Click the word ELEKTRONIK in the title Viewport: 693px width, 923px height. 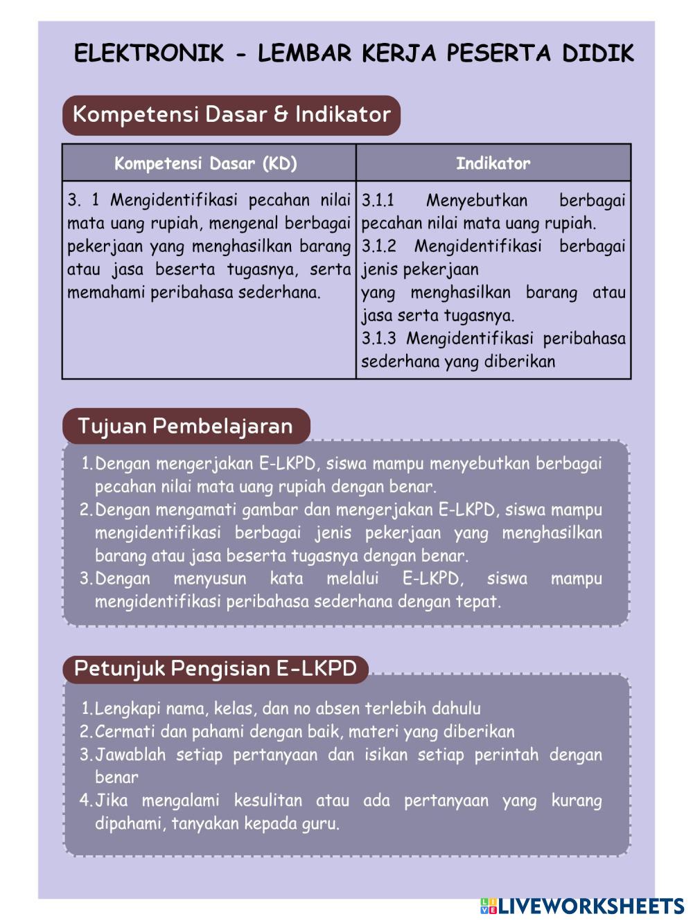click(x=149, y=53)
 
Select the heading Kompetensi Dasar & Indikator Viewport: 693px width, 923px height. click(x=231, y=114)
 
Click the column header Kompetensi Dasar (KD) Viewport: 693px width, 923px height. click(x=206, y=163)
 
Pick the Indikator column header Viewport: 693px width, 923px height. click(x=493, y=163)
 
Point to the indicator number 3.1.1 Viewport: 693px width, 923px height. click(x=378, y=201)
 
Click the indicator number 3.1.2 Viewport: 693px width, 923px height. click(x=378, y=247)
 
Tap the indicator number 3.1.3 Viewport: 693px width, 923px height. click(x=378, y=339)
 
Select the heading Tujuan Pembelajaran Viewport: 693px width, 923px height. click(x=185, y=426)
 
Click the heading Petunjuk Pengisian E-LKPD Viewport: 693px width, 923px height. click(x=215, y=668)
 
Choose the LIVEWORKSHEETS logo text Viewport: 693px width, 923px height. click(x=591, y=906)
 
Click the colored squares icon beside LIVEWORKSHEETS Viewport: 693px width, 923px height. click(x=489, y=906)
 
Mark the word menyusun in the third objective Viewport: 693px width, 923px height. click(x=209, y=579)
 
